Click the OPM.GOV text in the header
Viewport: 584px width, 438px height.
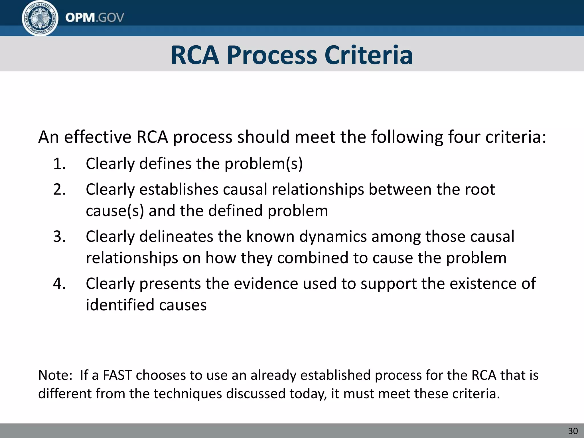click(95, 18)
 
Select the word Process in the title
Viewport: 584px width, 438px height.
click(272, 55)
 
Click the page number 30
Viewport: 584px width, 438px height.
click(573, 431)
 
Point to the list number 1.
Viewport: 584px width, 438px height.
click(59, 164)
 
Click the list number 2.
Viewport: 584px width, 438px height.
click(59, 189)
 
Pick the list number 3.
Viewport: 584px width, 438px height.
click(59, 236)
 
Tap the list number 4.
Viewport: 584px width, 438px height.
click(59, 283)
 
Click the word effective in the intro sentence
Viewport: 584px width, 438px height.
click(98, 137)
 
